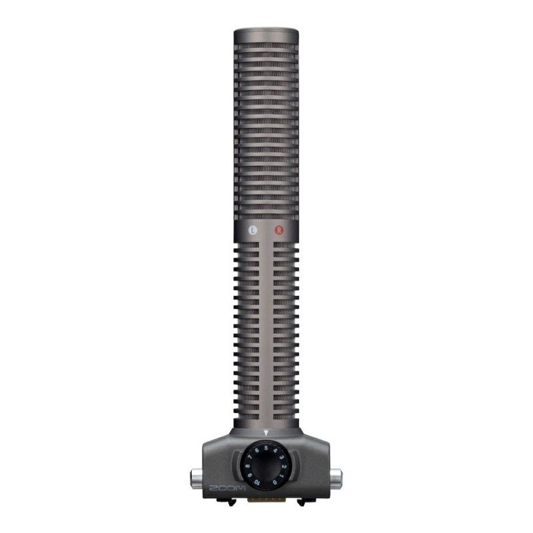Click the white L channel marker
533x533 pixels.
click(253, 230)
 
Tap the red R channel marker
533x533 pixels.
click(278, 230)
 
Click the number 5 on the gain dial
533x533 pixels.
click(266, 448)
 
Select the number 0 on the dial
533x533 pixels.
click(274, 482)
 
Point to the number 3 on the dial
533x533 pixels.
click(280, 457)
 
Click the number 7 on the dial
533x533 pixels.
click(251, 457)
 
